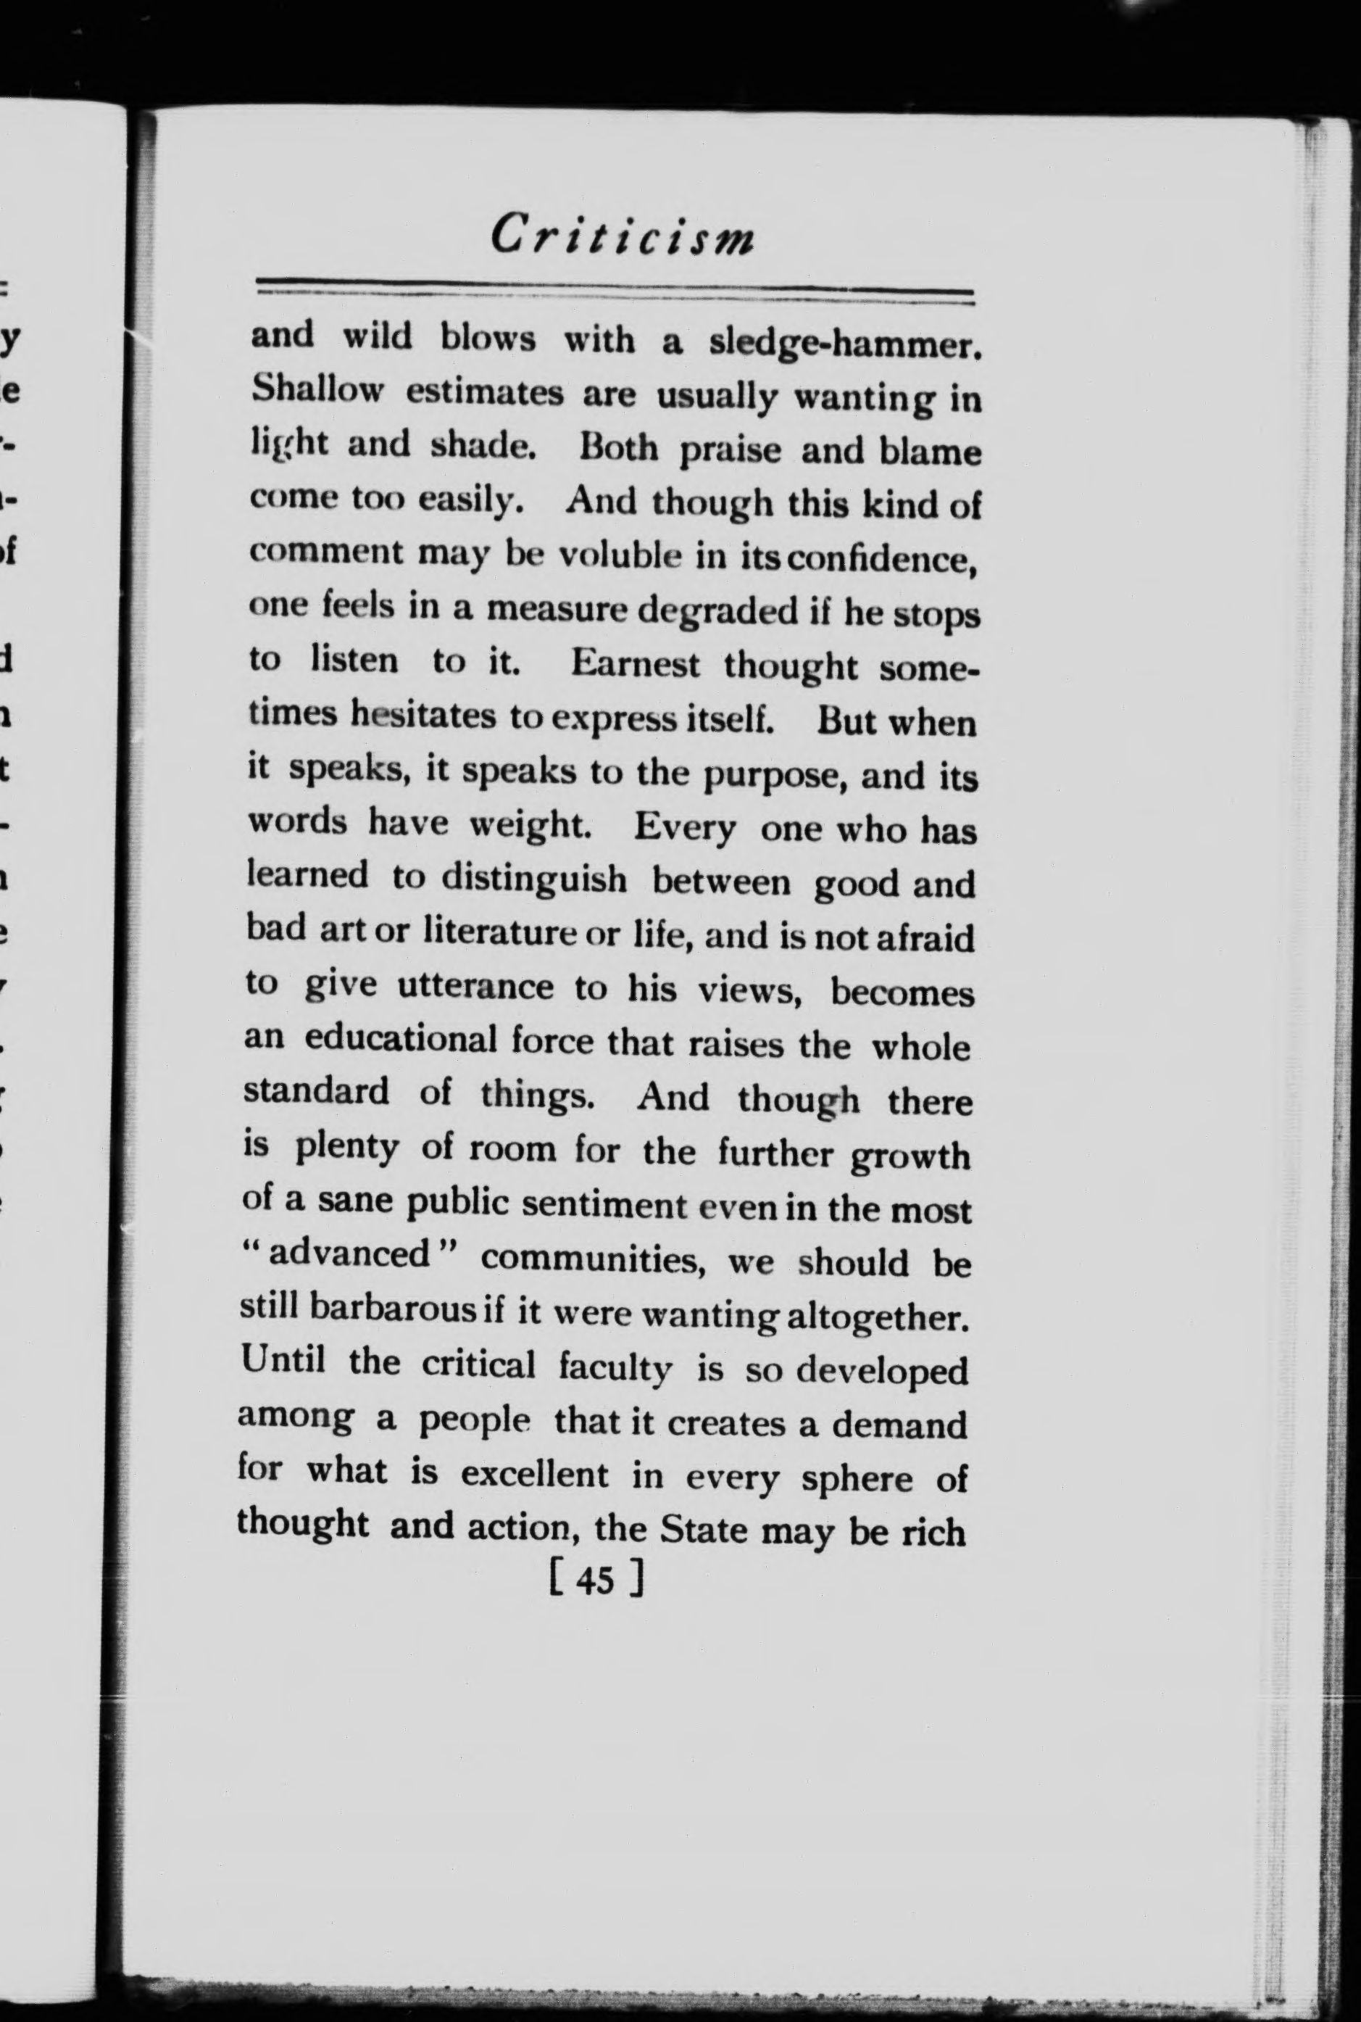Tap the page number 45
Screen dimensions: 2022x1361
pos(596,1579)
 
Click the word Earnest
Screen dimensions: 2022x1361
pos(636,665)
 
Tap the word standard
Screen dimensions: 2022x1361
pos(316,1090)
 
